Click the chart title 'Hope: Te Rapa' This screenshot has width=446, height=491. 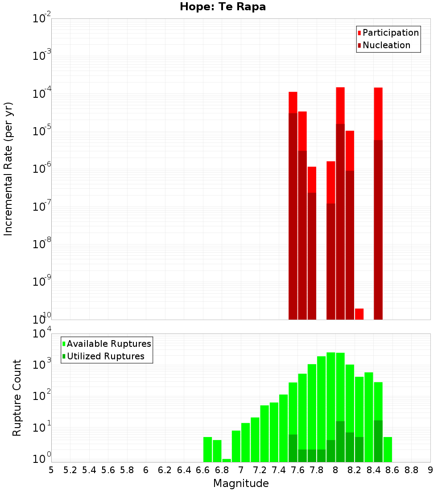223,7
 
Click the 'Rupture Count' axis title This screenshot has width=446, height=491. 17,398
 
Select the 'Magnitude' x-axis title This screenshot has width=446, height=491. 241,483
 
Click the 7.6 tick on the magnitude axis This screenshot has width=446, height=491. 297,470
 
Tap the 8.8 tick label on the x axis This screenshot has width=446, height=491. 411,470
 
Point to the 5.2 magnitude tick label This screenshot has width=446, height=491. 70,470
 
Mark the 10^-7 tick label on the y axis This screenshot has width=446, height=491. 42,207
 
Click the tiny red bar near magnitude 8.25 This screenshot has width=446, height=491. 359,314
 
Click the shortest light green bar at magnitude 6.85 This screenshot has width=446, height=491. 227,460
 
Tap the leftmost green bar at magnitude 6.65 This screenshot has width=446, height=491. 207,449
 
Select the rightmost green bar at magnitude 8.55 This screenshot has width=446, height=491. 388,449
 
